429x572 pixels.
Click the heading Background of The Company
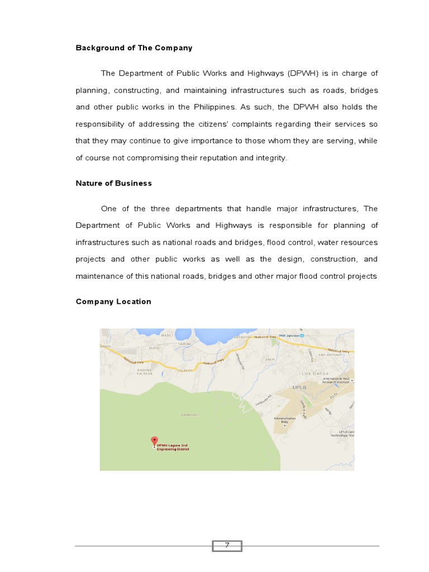pos(134,48)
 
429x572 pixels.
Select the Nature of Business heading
pos(114,183)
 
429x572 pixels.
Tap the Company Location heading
pos(113,302)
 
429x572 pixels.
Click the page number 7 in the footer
pos(227,546)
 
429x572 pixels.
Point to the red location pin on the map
pos(154,441)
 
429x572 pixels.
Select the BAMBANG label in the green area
pos(190,415)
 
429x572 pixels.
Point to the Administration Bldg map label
pos(284,420)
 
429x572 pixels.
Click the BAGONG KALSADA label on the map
pos(144,371)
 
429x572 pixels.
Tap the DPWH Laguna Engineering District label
pos(174,447)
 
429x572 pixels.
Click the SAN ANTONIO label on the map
pos(329,355)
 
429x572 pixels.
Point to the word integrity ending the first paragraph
pos(271,158)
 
